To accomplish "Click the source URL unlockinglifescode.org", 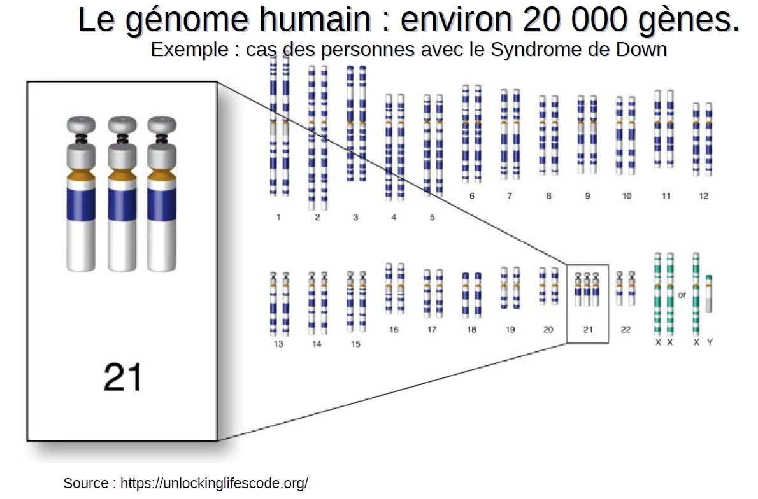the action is [x=214, y=483].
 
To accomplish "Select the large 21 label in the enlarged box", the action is [x=123, y=377].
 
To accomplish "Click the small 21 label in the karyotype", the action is [x=588, y=330].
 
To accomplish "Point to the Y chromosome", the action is [x=709, y=293].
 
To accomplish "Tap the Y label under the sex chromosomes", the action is [x=710, y=342].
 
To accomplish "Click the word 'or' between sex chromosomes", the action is [x=682, y=295].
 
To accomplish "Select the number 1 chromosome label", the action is [x=278, y=218].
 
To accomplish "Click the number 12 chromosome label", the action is [x=703, y=195].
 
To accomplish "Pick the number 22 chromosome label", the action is [x=626, y=330].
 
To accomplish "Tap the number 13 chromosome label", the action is [x=278, y=344].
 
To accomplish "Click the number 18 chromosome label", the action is [x=471, y=330].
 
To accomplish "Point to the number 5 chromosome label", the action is [x=432, y=218].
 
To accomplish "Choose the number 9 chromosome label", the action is [x=587, y=195].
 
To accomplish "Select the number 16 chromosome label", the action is [x=394, y=330].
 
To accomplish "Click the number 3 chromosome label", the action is [x=355, y=218].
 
